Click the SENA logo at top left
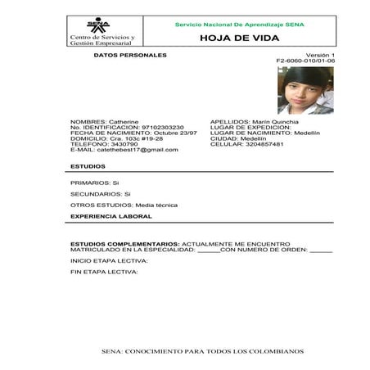pyautogui.click(x=97, y=25)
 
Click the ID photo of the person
pyautogui.click(x=305, y=90)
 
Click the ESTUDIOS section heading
pyautogui.click(x=88, y=166)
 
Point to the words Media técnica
pyautogui.click(x=156, y=205)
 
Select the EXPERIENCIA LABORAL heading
pyautogui.click(x=105, y=217)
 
